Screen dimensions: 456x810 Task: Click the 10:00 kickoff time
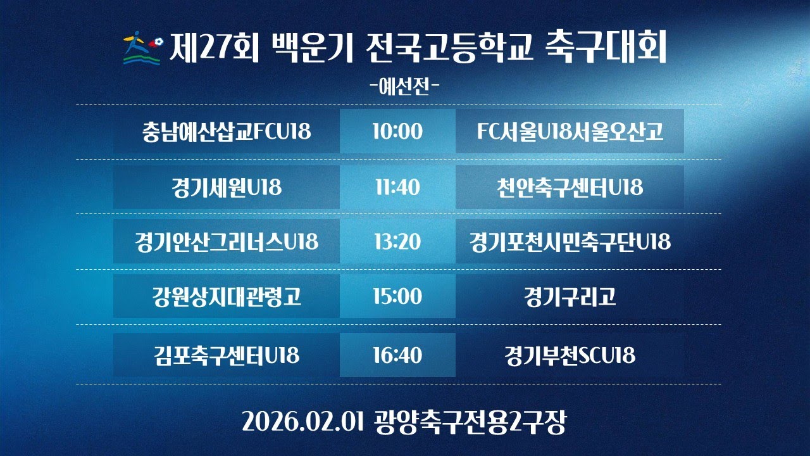coord(397,132)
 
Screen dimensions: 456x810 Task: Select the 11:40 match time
coord(397,187)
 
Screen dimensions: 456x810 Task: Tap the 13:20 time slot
coord(397,241)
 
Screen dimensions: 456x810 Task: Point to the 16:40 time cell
coord(397,355)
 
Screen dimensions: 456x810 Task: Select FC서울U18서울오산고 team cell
coord(570,132)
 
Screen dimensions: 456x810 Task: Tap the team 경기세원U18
coord(227,187)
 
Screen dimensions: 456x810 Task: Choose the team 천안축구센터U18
coord(570,187)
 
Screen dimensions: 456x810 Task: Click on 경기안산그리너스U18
coord(227,241)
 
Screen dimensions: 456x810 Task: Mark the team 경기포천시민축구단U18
coord(570,241)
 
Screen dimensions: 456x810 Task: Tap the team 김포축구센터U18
coord(227,355)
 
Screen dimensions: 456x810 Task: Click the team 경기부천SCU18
coord(570,355)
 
